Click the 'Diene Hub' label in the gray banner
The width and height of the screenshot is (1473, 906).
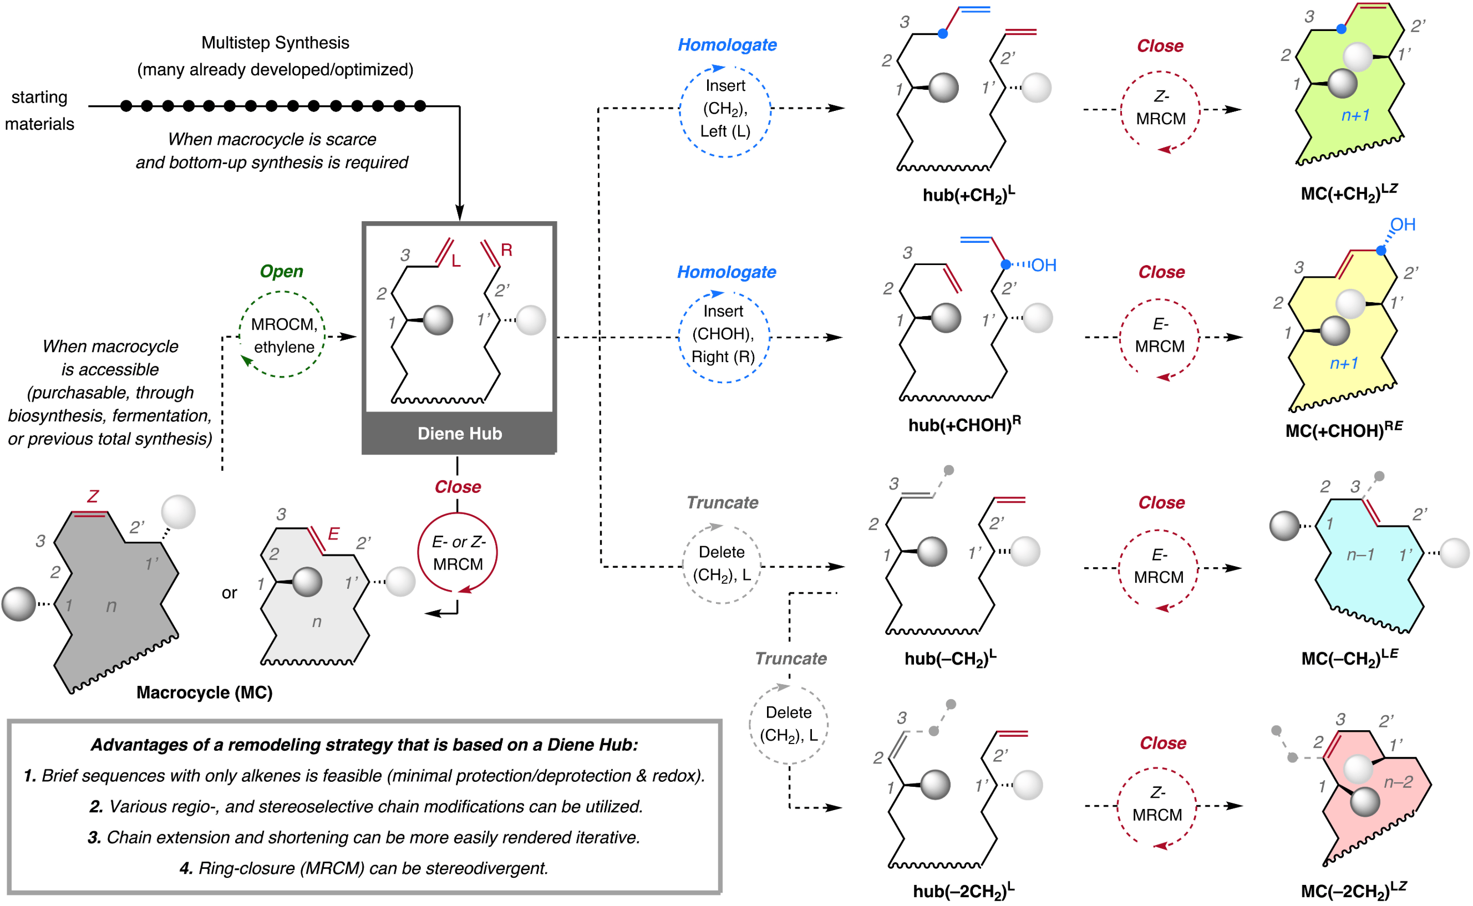click(x=460, y=434)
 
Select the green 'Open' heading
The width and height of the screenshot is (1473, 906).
click(x=281, y=272)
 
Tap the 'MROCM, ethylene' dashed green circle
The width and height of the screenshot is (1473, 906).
click(x=282, y=335)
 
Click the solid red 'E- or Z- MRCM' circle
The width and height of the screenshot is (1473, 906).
click(x=458, y=552)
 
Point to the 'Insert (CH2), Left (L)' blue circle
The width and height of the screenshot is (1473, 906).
click(x=725, y=109)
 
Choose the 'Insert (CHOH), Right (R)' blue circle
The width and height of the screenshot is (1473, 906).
click(x=723, y=334)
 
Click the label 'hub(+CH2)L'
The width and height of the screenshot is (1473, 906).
click(x=968, y=195)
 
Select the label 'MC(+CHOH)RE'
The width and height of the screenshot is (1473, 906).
click(x=1344, y=430)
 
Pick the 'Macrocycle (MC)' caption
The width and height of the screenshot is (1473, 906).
click(x=204, y=693)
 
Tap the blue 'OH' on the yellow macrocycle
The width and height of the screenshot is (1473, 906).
click(x=1402, y=225)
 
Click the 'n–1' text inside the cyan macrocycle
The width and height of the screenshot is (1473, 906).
click(x=1360, y=555)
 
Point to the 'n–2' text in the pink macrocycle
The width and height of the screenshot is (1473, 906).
click(x=1398, y=782)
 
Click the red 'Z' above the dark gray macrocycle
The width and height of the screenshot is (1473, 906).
click(x=92, y=496)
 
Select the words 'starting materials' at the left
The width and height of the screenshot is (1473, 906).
click(x=39, y=110)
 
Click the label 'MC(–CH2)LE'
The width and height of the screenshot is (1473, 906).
click(x=1349, y=658)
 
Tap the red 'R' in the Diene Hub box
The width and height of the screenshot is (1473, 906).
click(x=506, y=250)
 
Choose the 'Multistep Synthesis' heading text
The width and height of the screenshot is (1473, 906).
click(x=275, y=43)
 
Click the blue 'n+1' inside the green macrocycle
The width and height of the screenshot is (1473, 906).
click(x=1355, y=115)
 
